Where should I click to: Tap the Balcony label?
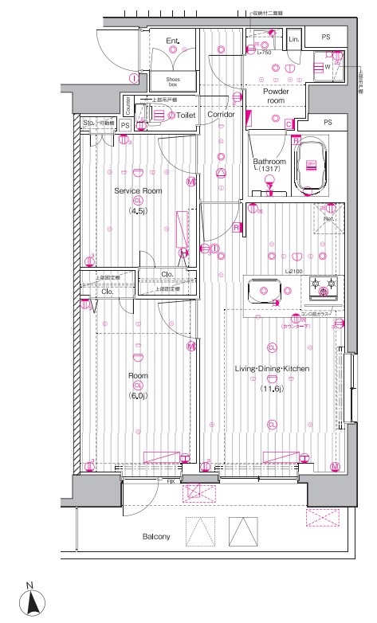tap(156, 536)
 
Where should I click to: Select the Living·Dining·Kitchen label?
tap(271, 369)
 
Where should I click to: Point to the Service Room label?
tap(138, 191)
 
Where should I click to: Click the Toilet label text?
tap(186, 116)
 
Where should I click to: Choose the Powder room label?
tap(277, 96)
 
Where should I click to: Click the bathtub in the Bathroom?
tap(312, 166)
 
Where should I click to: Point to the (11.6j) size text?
tap(271, 388)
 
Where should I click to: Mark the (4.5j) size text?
tap(138, 212)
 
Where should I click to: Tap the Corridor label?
tap(221, 116)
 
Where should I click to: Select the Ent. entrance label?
tap(173, 40)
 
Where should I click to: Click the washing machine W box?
tap(328, 68)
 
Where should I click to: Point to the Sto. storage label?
tap(88, 123)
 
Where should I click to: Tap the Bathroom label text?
tap(269, 161)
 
